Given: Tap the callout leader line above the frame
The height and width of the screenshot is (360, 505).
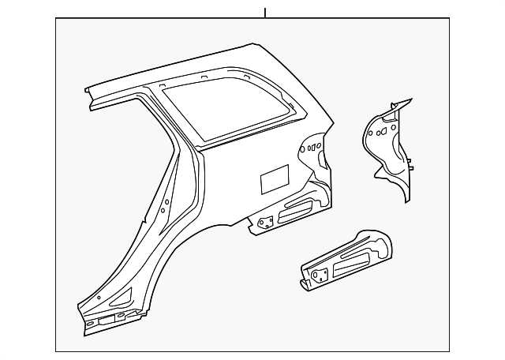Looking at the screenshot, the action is click(265, 12).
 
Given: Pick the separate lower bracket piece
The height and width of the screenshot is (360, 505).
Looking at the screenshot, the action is click(347, 257).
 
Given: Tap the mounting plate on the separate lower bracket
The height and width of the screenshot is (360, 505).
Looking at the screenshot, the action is click(319, 276).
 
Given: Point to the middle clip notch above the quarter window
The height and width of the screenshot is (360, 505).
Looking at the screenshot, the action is click(204, 77).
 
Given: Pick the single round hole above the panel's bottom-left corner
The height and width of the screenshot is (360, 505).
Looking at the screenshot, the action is click(99, 298).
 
